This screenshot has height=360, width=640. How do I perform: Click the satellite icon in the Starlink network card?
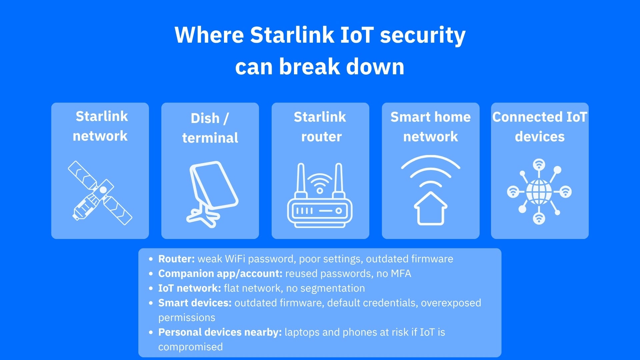point(100,193)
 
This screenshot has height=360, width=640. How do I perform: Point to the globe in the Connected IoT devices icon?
point(539,192)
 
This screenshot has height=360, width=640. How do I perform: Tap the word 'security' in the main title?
point(423,36)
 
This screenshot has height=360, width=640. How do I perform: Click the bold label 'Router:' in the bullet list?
point(176,259)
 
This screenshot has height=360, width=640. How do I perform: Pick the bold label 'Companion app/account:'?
point(220,274)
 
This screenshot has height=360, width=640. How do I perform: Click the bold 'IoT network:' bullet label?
point(189,288)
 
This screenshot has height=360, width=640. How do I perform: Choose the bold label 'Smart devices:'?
point(195,303)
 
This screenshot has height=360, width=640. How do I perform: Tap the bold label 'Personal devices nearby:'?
point(220,332)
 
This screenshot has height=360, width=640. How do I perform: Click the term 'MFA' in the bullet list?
point(401,274)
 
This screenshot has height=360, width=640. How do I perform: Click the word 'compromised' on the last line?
point(190,347)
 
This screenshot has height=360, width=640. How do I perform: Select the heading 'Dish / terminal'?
point(210,128)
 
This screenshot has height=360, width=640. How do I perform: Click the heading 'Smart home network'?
point(430,127)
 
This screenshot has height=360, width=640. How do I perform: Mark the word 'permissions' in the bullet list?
point(187,318)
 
